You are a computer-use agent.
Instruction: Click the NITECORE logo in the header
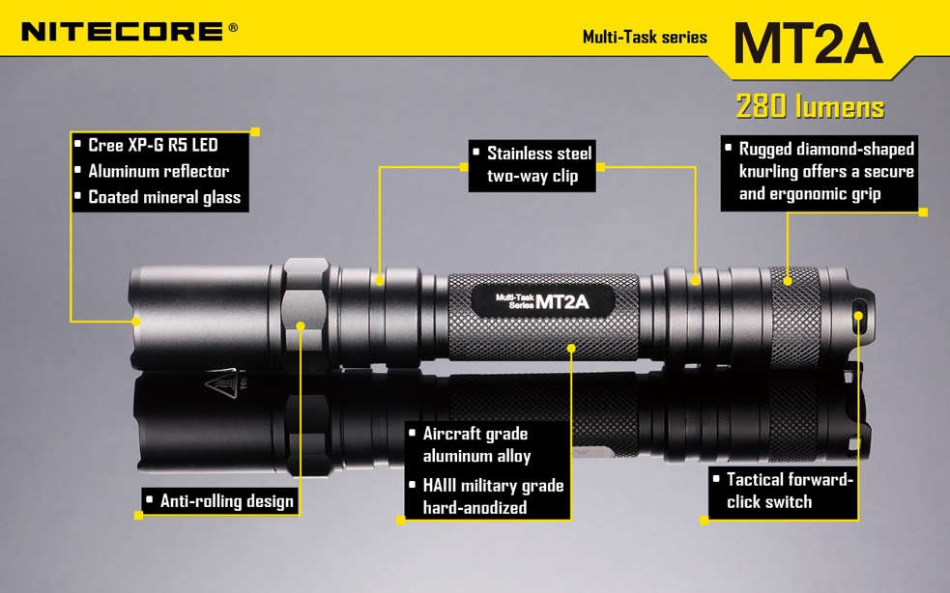123,32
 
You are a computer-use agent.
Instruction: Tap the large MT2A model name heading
808,43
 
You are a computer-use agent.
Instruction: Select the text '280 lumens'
810,106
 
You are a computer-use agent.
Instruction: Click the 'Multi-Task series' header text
645,37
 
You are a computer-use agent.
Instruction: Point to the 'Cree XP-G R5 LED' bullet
153,145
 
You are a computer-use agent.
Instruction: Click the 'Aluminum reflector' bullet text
158,171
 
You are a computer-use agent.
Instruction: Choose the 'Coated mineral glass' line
164,197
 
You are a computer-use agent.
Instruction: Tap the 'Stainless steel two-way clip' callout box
532,166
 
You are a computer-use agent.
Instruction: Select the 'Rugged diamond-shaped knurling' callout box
820,173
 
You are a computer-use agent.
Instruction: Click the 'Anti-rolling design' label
220,501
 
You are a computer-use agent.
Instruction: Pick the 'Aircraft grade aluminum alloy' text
476,445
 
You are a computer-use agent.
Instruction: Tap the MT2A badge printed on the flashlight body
542,301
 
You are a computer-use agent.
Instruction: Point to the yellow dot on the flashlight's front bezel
136,321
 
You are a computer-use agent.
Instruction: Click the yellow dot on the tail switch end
858,316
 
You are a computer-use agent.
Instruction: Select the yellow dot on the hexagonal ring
301,325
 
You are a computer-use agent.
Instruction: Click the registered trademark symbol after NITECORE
233,27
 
